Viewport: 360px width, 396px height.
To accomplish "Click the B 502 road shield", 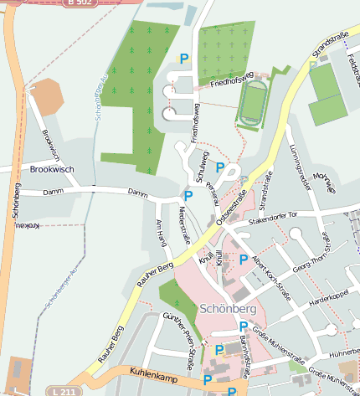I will point(79,3).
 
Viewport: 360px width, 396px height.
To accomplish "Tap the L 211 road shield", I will point(64,391).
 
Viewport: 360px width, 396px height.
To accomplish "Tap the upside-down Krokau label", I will point(30,226).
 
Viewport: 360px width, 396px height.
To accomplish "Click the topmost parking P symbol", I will point(184,59).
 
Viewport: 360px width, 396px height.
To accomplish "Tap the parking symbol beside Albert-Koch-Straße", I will point(244,260).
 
